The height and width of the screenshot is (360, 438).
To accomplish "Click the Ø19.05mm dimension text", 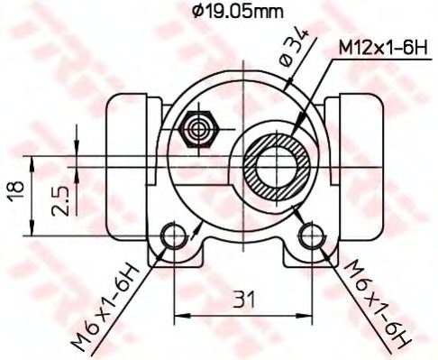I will tap(237, 12).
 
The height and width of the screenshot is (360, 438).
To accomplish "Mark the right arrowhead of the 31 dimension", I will tap(306, 316).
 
